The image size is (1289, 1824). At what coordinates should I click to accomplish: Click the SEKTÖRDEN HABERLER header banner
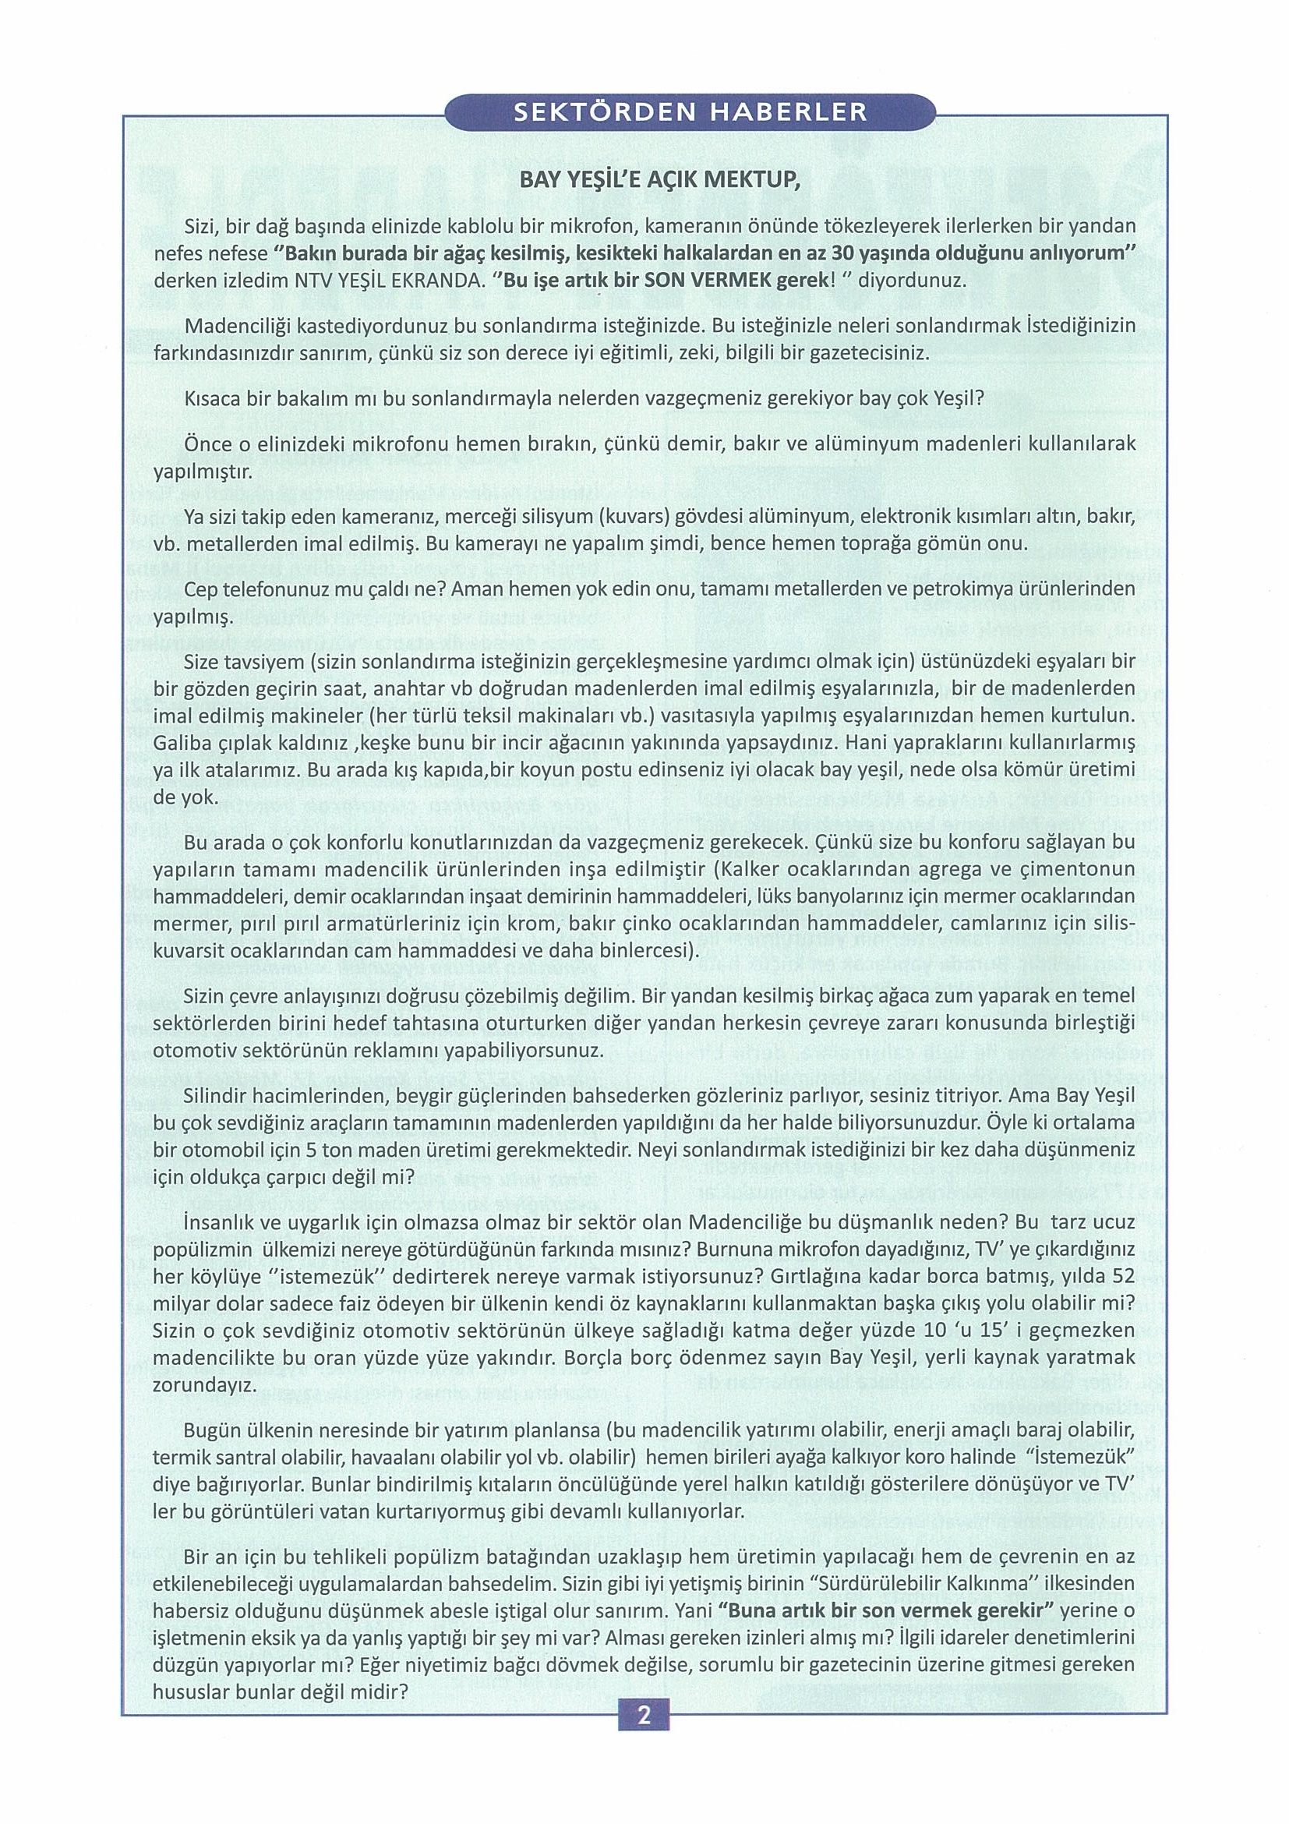pos(691,113)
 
